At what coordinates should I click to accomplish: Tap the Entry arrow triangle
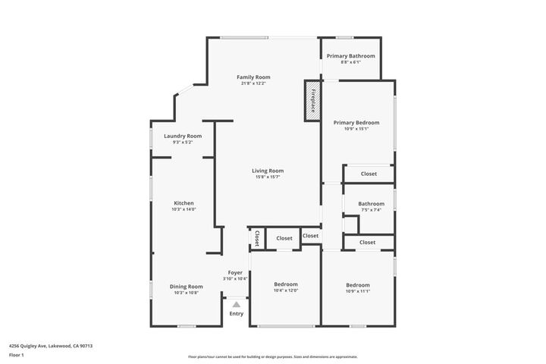click(x=236, y=304)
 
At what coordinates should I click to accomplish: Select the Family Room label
click(x=253, y=77)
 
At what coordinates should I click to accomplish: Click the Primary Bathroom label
click(x=350, y=56)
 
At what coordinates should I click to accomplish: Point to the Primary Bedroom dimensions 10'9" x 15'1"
click(x=356, y=129)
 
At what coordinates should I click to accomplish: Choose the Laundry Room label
click(x=183, y=136)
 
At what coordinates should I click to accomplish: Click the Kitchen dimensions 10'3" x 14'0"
click(x=184, y=209)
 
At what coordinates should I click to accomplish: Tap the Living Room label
click(x=268, y=171)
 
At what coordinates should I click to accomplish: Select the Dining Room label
click(x=186, y=286)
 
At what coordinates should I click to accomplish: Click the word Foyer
click(x=235, y=272)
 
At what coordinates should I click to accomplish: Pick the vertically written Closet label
click(x=257, y=238)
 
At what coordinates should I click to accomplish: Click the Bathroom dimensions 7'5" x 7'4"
click(x=371, y=210)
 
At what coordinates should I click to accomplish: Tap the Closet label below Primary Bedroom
click(x=369, y=174)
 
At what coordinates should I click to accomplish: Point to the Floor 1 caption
click(x=17, y=355)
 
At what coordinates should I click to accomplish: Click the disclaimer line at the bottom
click(x=272, y=356)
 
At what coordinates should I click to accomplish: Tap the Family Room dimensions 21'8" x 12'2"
click(x=253, y=83)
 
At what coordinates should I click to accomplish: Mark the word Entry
click(x=237, y=314)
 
